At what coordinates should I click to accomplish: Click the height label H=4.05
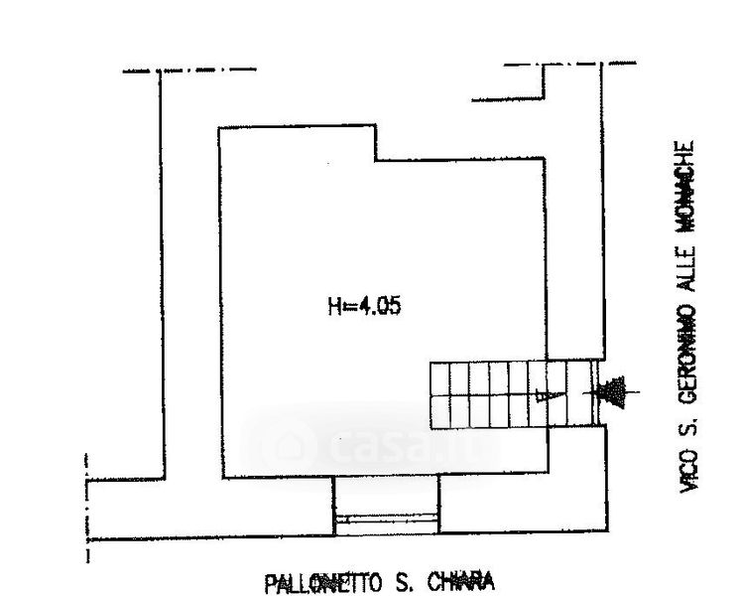[364, 308]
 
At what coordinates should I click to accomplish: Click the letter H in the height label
[334, 308]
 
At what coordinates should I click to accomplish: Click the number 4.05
[378, 308]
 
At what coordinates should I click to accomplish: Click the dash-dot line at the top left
[188, 71]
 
